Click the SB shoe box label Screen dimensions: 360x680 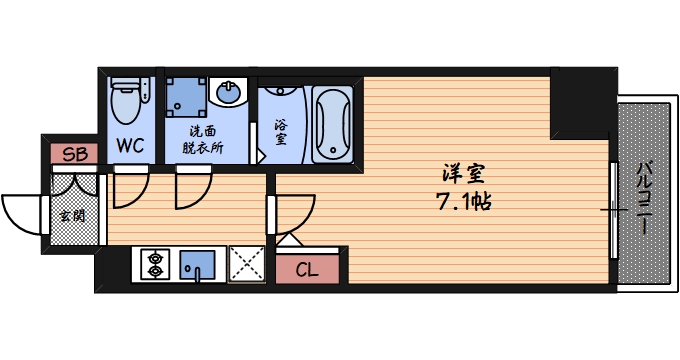74,154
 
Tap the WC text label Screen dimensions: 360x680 130,146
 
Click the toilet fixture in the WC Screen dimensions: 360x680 127,101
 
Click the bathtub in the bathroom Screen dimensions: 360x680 333,124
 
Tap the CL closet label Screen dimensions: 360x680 308,269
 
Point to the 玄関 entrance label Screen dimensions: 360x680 72,214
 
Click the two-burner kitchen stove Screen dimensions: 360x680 155,264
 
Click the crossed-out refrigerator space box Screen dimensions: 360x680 245,263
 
